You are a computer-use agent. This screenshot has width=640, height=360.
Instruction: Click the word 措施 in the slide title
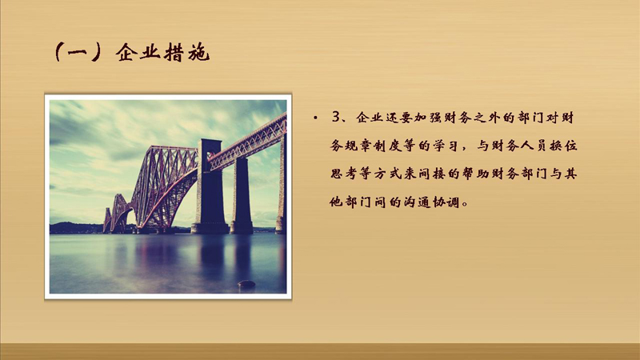[x=186, y=52]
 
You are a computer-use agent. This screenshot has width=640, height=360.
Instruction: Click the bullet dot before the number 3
[x=315, y=118]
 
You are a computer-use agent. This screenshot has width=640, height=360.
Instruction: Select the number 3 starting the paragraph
[x=335, y=117]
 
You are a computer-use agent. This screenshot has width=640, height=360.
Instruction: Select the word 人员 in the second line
[x=533, y=146]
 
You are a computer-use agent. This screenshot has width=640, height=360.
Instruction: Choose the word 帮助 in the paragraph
[x=475, y=174]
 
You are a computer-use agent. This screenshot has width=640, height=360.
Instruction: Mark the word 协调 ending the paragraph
[x=446, y=202]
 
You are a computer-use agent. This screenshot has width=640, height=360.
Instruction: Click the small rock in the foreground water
[x=246, y=284]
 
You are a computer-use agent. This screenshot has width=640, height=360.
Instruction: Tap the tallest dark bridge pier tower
[x=210, y=186]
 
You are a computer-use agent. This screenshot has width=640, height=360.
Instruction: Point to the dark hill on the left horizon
[x=76, y=228]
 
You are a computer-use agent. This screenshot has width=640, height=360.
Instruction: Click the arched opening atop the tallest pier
[x=210, y=156]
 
